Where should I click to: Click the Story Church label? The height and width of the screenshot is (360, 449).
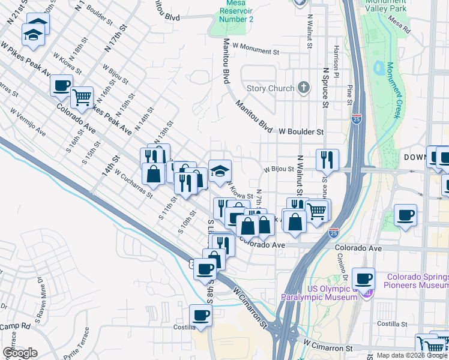point(271,88)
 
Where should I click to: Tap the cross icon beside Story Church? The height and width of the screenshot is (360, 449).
point(304,88)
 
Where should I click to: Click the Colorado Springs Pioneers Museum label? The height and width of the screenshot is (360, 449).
point(417,281)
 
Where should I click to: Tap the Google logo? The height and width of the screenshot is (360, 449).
point(19,352)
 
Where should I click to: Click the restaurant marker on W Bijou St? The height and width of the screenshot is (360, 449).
point(327,159)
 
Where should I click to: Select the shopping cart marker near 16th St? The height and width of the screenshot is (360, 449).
point(82,96)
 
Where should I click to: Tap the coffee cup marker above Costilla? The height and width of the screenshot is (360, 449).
point(200,314)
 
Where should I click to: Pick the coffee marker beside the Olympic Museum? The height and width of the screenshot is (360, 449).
point(363,278)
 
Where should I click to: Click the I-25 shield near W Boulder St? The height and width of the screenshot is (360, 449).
point(357,119)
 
